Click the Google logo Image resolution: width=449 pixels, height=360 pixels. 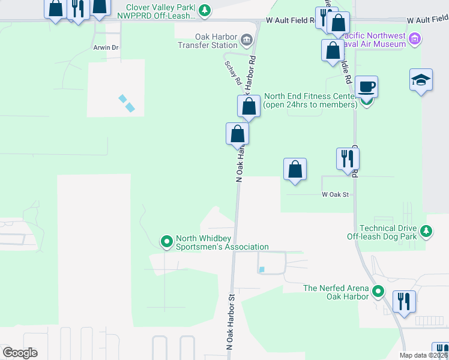tap(20, 353)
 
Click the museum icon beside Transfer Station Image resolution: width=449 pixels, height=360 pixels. tap(246, 41)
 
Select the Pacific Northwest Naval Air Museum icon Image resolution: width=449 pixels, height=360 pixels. tap(414, 40)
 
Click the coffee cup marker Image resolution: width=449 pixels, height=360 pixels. tap(366, 86)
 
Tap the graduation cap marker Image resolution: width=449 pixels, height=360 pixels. tap(421, 80)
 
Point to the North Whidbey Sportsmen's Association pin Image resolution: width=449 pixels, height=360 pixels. tap(167, 242)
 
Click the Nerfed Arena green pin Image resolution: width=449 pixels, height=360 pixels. tap(378, 292)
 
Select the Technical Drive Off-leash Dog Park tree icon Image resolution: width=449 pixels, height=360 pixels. tap(426, 231)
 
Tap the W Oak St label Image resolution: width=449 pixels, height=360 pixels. tap(335, 194)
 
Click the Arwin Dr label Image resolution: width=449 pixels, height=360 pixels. tap(106, 47)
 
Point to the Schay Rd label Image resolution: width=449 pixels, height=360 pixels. tap(233, 72)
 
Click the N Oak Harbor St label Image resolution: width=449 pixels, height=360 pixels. tap(231, 322)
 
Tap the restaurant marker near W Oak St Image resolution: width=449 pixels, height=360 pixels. tap(348, 159)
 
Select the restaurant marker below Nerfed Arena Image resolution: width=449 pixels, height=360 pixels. tap(404, 300)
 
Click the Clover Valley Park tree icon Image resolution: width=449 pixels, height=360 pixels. tap(205, 10)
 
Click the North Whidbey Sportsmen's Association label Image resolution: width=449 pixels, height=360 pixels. tap(221, 242)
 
